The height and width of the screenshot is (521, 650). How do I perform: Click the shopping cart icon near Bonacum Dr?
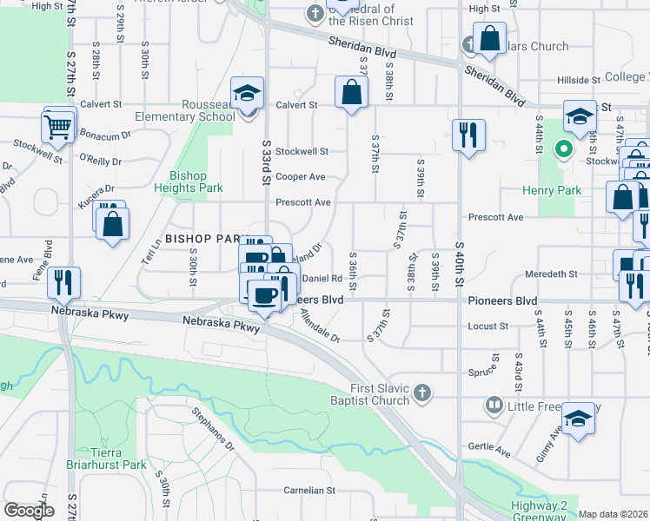[x=59, y=127]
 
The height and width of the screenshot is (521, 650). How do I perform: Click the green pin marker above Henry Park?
[x=563, y=148]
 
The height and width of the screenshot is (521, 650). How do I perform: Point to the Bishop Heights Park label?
[x=189, y=181]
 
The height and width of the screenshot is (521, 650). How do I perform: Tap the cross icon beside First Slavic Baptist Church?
[x=421, y=392]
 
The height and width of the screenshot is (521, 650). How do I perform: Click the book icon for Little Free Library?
[x=494, y=406]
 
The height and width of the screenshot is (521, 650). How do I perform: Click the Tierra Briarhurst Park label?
[x=118, y=458]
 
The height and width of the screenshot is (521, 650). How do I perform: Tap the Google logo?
[x=29, y=510]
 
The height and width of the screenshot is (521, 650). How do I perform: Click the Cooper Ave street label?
[x=300, y=176]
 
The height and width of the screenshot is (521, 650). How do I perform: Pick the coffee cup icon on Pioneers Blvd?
[x=264, y=294]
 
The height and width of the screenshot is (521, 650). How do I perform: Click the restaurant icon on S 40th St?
[x=468, y=135]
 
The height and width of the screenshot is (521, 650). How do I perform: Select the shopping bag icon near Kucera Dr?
[x=113, y=224]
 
